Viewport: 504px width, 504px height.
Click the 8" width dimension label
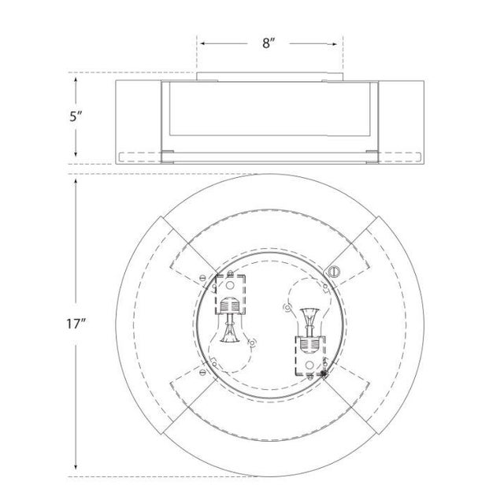click(269, 43)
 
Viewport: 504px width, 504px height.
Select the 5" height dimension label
click(76, 117)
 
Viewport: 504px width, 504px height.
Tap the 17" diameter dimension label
click(76, 324)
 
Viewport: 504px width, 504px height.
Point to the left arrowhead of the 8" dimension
click(203, 43)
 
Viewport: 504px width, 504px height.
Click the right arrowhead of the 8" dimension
click(334, 44)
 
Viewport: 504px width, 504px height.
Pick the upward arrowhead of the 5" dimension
click(76, 80)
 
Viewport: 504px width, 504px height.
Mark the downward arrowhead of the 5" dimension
click(76, 154)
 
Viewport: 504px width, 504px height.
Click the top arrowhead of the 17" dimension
click(76, 182)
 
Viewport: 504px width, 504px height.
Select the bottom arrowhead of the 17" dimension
click(76, 465)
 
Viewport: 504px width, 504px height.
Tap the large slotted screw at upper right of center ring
click(334, 272)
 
